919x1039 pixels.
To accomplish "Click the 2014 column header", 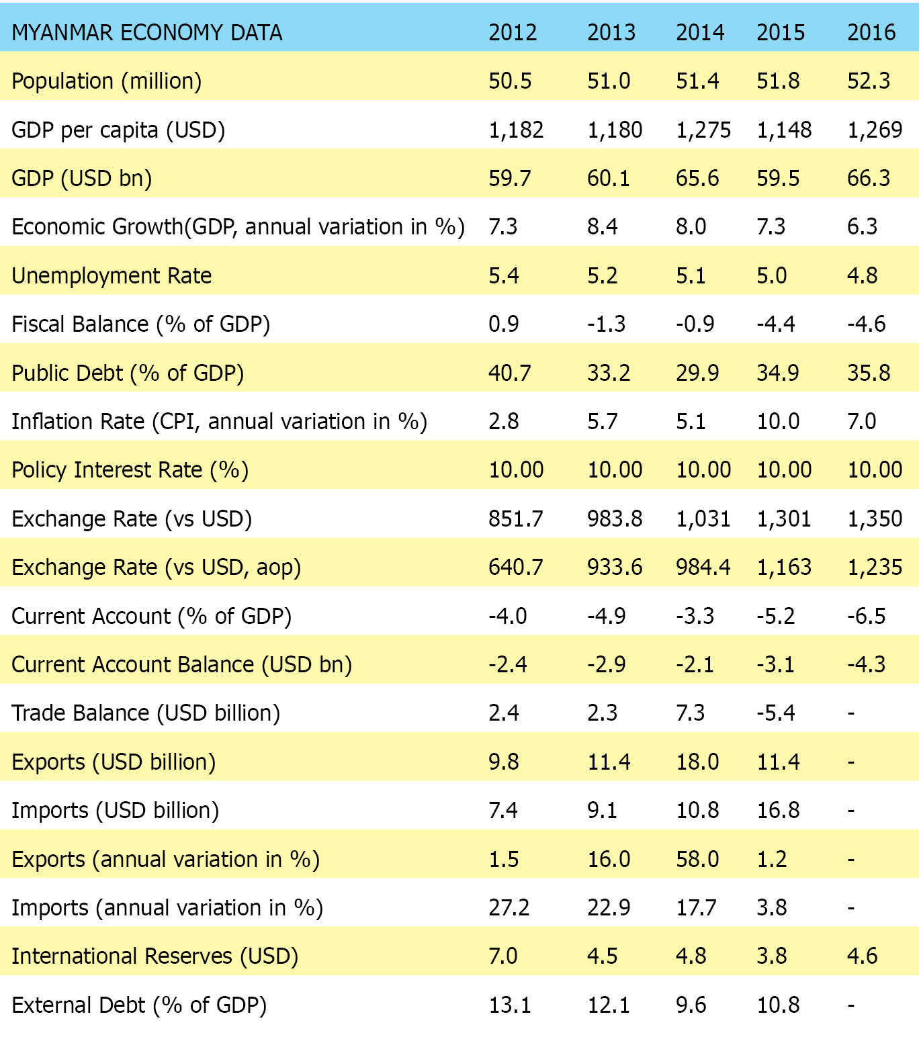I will coord(700,32).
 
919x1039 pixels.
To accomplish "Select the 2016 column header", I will coord(871,32).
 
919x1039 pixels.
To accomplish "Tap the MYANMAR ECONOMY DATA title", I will coord(147,32).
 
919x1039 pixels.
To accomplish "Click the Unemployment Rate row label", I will coord(112,275).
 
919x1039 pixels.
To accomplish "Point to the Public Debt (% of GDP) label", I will coord(128,373).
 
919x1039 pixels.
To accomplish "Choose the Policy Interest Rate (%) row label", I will coord(130,469).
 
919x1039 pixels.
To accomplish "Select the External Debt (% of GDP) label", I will coord(139,1005).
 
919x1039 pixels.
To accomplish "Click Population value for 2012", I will coord(510,81).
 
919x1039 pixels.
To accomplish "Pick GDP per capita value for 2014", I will coord(703,130).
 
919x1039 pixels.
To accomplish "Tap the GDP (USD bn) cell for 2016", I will coord(869,178).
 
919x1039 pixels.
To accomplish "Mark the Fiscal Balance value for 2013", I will coord(606,324).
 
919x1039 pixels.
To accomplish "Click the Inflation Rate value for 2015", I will coord(778,421).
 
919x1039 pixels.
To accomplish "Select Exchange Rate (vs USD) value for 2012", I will coord(515,518).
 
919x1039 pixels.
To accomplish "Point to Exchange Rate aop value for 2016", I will coord(875,567).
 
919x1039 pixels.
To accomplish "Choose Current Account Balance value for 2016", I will coord(866,664).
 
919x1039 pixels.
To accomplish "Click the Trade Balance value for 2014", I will coord(690,713).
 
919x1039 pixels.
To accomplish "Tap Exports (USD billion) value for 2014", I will coord(697,762).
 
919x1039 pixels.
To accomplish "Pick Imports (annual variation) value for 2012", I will coord(509,907).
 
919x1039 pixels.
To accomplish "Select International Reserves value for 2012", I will coord(503,956).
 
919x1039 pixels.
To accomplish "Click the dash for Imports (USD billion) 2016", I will coord(851,811).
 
